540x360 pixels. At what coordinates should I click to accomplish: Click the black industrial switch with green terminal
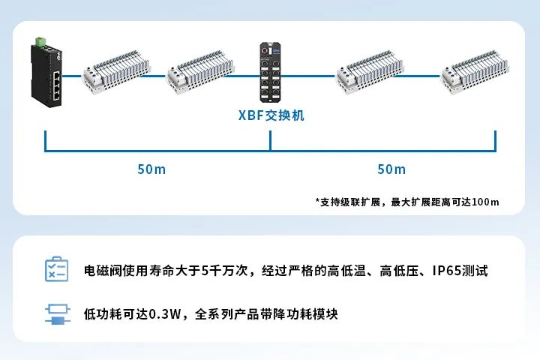click(x=46, y=72)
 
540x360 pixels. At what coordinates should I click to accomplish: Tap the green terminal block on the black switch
click(x=40, y=41)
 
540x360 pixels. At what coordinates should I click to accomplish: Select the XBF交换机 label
click(x=271, y=115)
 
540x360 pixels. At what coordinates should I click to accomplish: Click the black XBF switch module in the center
click(x=270, y=72)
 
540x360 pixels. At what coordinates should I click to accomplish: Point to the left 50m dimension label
click(x=151, y=169)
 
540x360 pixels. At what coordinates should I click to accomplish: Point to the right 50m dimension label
click(x=391, y=169)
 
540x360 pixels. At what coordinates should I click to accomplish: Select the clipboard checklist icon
click(x=57, y=269)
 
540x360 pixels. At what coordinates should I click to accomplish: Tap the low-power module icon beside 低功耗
click(x=58, y=313)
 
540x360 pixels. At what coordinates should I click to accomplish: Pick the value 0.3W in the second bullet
click(x=165, y=314)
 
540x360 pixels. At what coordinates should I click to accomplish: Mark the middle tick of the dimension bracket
click(x=270, y=140)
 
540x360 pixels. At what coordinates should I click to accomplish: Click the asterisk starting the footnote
click(x=317, y=200)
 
